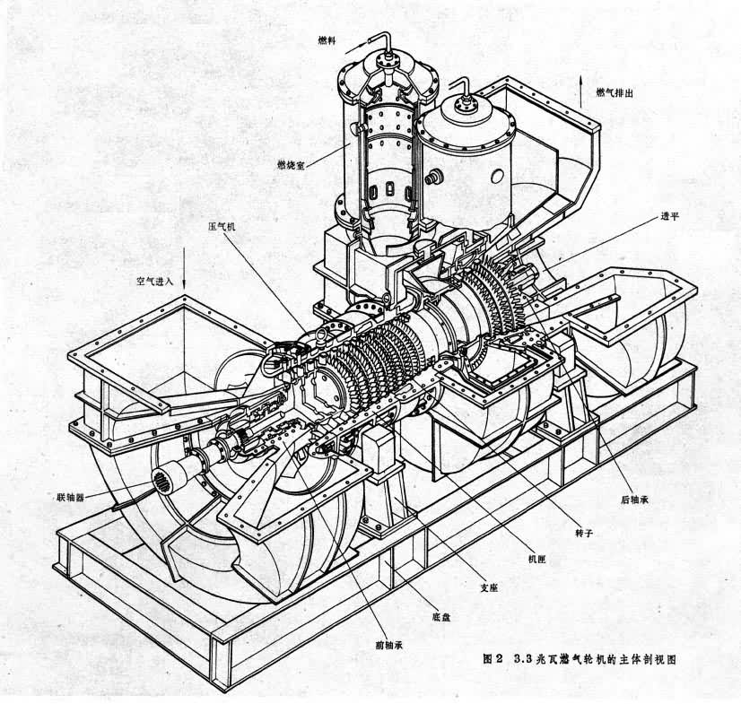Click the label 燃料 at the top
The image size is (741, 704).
327,40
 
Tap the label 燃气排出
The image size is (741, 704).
615,92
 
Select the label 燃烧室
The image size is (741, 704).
291,165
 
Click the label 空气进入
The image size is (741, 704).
155,281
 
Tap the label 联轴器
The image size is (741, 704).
70,498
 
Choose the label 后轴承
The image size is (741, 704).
634,500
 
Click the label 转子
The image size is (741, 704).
584,533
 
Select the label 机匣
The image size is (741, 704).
536,560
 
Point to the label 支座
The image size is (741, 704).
489,588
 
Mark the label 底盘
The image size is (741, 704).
441,617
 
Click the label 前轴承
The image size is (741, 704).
389,645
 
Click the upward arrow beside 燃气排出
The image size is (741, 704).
581,90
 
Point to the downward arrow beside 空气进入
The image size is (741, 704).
184,267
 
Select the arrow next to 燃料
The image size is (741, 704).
356,47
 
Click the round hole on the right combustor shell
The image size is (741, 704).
497,177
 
